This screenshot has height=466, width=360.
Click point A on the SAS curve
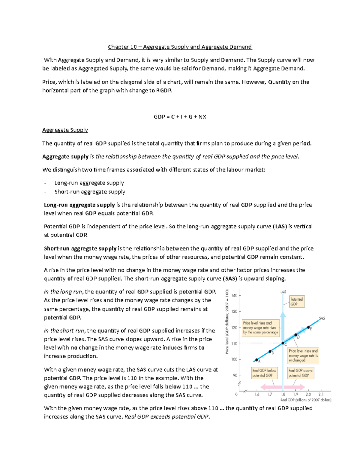click(x=256, y=360)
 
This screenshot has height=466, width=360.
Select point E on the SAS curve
click(x=309, y=327)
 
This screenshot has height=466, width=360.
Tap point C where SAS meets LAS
click(x=283, y=343)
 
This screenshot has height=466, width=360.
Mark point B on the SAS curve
click(x=270, y=351)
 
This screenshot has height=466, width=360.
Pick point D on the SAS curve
click(x=296, y=335)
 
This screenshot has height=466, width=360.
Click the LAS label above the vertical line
click(x=283, y=292)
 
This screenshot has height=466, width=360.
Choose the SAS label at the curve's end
click(x=322, y=318)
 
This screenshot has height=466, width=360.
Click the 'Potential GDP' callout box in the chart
click(x=296, y=302)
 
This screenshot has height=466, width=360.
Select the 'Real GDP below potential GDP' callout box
click(x=264, y=373)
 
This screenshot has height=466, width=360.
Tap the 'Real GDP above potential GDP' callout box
click(x=300, y=373)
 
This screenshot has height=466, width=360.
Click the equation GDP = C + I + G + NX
click(x=180, y=117)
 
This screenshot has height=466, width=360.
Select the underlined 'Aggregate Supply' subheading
click(x=65, y=130)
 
